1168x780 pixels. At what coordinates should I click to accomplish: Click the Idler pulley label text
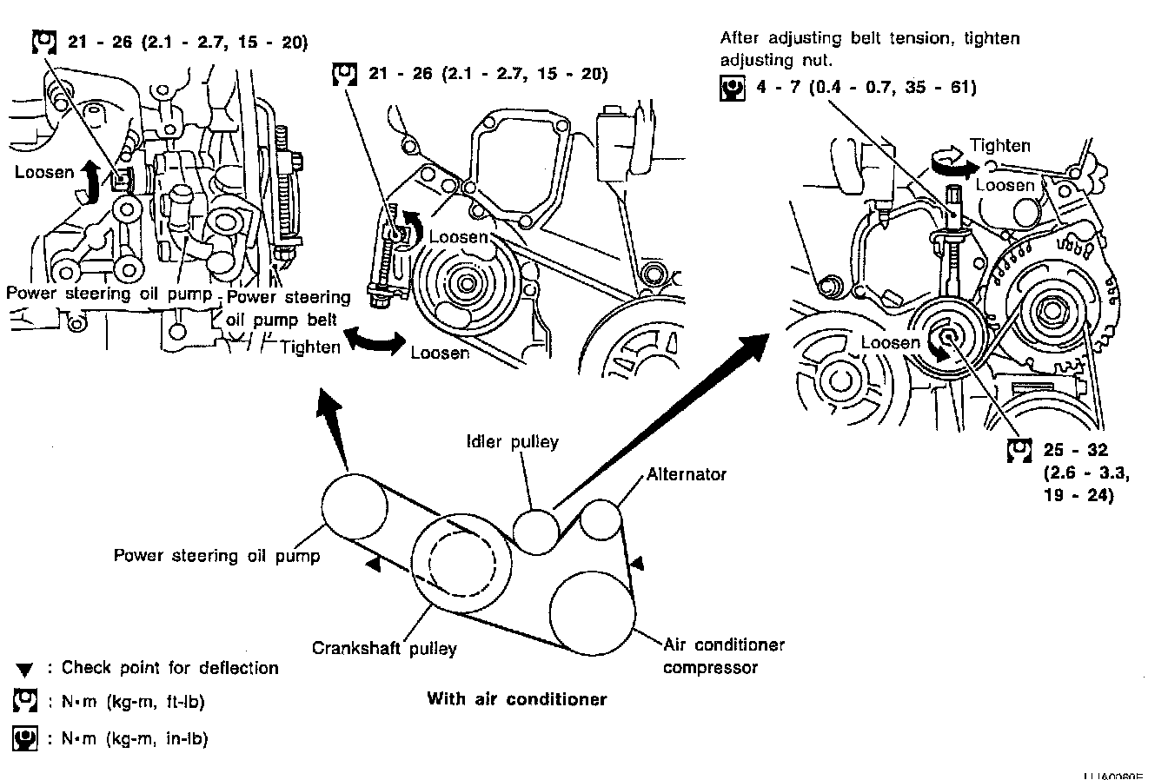click(x=512, y=442)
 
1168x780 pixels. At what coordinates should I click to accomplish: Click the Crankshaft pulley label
click(x=384, y=648)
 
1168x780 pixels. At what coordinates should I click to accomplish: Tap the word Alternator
click(x=687, y=474)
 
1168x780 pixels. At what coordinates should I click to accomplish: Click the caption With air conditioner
click(x=516, y=699)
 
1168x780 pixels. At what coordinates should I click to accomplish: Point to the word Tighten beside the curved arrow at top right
click(x=1000, y=146)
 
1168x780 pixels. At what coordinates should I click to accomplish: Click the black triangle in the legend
click(x=24, y=670)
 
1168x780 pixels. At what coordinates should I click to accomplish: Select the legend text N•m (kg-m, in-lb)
click(x=135, y=739)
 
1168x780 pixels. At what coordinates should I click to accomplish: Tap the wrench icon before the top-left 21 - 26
click(x=43, y=42)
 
